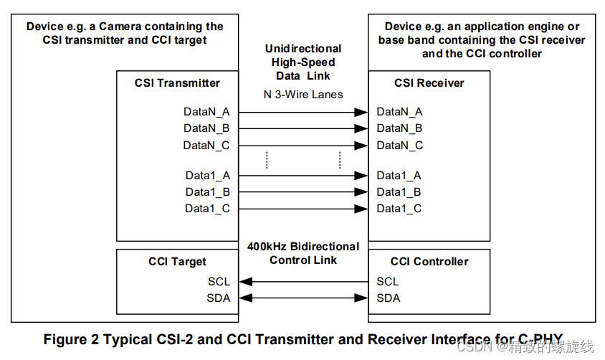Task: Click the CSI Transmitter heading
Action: [x=177, y=82]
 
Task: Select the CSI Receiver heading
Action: [x=429, y=82]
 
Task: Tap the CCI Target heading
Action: [x=177, y=262]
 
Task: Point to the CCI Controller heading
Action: [x=429, y=262]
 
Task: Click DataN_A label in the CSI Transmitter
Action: [x=207, y=111]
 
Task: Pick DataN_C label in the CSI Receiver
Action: [x=400, y=145]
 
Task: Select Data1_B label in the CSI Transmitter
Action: [x=208, y=191]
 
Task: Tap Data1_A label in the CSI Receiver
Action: [x=399, y=175]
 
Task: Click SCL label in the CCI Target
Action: [x=219, y=281]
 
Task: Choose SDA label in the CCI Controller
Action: [x=389, y=298]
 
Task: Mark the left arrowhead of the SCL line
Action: [x=244, y=281]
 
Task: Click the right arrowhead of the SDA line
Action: [x=363, y=298]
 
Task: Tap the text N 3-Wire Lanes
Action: [x=303, y=94]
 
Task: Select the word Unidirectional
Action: [x=303, y=49]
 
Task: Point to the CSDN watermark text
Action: [x=472, y=347]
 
